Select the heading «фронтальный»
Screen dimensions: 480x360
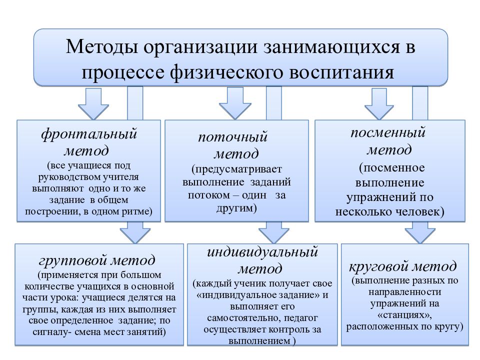89,134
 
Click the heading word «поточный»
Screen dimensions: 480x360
233,137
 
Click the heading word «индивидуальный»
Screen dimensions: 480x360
262,252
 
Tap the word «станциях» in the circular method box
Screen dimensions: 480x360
404,314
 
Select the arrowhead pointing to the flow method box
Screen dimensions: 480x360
235,111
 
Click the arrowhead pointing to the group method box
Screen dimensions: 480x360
135,236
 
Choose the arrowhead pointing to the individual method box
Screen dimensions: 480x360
273,236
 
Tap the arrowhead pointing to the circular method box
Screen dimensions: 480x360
420,236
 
